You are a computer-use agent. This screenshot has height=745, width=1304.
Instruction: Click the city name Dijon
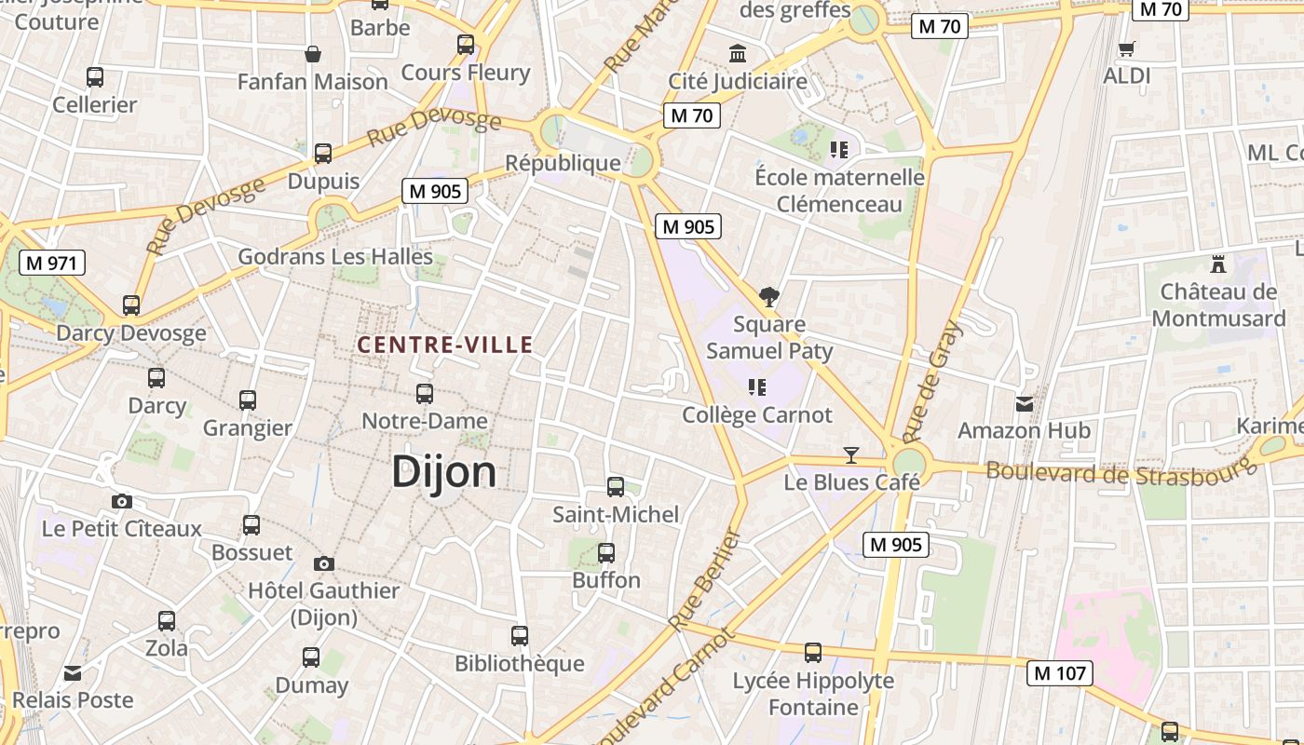coord(443,472)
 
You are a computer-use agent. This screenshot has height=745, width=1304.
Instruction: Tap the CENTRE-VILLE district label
coord(445,345)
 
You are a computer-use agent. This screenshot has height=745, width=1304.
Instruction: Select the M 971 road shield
coord(52,263)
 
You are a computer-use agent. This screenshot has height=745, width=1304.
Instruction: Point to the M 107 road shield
coord(1060,672)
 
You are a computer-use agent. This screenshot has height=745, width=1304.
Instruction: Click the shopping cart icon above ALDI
coord(1127,48)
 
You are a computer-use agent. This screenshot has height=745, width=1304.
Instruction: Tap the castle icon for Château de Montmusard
coord(1217,264)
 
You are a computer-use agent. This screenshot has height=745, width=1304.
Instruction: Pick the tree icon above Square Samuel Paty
coord(769,297)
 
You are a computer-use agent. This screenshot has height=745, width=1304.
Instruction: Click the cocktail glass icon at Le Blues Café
coord(850,454)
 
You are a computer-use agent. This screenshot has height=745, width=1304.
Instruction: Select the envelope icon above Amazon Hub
coord(1025,403)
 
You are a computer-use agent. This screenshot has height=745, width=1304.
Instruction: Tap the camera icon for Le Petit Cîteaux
coord(121,501)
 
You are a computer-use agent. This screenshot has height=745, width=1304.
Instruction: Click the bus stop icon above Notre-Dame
coord(425,393)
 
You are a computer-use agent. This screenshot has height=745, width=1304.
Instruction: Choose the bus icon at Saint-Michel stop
coord(616,486)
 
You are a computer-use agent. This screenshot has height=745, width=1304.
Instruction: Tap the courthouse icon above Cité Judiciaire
coord(739,53)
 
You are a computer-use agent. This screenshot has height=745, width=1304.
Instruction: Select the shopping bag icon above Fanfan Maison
coord(313,54)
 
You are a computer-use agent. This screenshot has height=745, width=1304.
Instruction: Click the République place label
coord(563,163)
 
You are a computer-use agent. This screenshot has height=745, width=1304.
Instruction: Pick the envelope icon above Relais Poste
coord(73,673)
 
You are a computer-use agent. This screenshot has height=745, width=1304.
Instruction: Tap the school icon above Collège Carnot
coord(757,386)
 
